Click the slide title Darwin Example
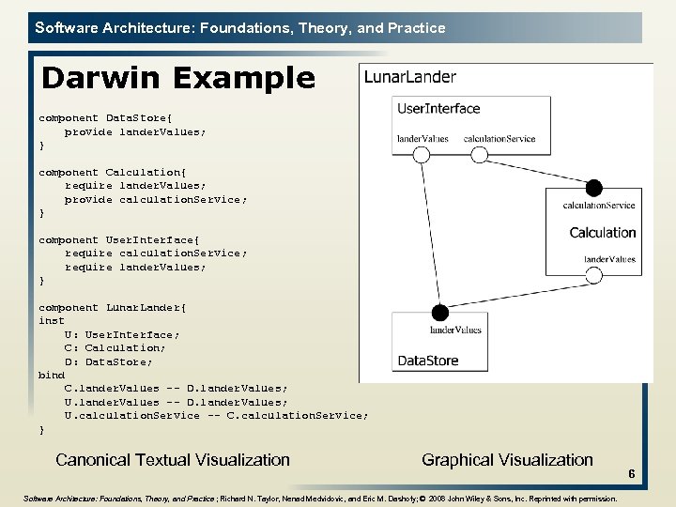point(178,78)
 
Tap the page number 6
point(632,475)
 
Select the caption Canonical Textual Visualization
point(173,459)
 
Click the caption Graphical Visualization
point(507,459)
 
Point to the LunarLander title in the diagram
point(409,78)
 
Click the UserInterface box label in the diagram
point(438,109)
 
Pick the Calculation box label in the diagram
point(602,233)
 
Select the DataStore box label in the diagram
point(428,360)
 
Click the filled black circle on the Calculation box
point(593,188)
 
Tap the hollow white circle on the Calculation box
point(593,275)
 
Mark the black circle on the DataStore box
point(438,313)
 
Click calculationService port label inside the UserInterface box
point(499,139)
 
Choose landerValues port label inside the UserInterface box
point(422,139)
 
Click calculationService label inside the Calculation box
point(599,206)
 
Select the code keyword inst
point(52,321)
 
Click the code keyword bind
point(52,375)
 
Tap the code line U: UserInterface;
point(121,334)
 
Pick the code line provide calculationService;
point(156,199)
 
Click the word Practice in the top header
point(416,28)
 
